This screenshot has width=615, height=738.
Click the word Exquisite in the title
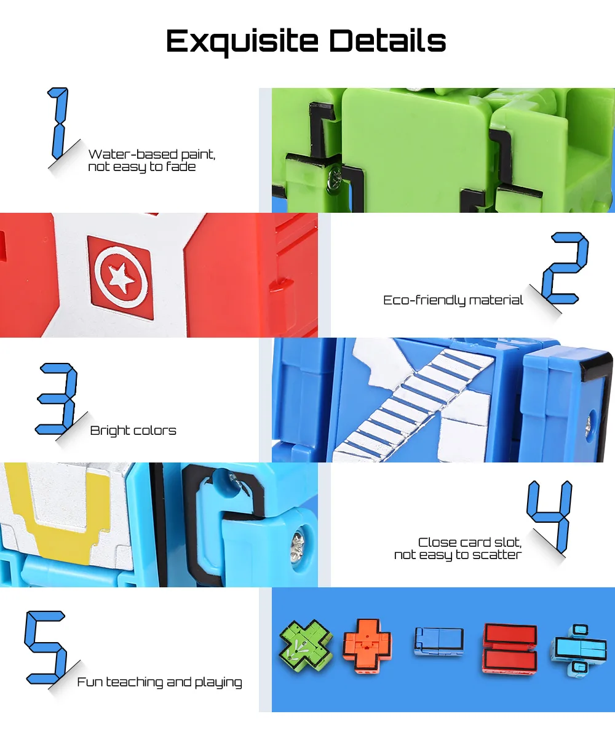(x=242, y=42)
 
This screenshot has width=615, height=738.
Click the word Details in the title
(x=387, y=41)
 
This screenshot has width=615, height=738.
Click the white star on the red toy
(x=121, y=278)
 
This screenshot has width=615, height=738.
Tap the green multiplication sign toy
(x=306, y=646)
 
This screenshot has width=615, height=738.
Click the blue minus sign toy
(x=438, y=641)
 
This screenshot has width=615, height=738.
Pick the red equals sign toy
(x=510, y=649)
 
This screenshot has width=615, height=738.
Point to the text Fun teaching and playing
(x=159, y=682)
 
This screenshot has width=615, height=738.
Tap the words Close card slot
(x=470, y=542)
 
